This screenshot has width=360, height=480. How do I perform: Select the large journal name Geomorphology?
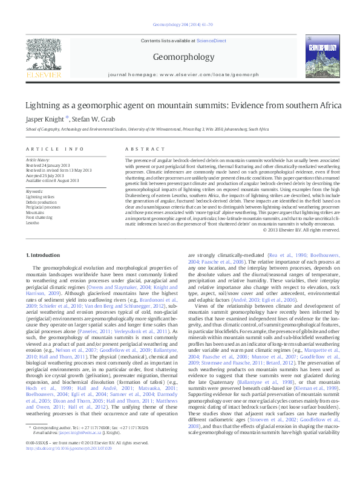pyautogui.click(x=179, y=56)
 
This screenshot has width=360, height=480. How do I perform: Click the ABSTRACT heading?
pyautogui.click(x=136, y=149)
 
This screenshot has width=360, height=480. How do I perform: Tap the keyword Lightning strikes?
pyautogui.click(x=40, y=197)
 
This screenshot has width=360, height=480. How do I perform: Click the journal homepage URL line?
pyautogui.click(x=179, y=73)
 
